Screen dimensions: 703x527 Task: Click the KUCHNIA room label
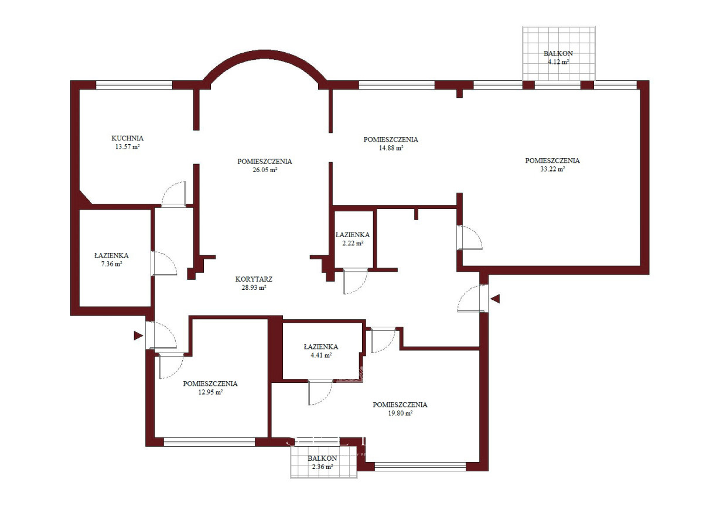tap(127, 138)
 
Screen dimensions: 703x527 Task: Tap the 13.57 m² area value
tap(127, 147)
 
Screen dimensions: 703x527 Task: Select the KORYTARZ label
tap(254, 279)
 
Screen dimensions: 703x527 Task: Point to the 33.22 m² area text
tap(552, 169)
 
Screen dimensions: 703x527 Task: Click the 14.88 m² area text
tap(391, 148)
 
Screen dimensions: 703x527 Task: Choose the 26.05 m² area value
tap(265, 170)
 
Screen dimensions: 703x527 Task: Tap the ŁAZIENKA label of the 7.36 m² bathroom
tap(111, 255)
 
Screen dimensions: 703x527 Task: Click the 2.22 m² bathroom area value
tap(353, 243)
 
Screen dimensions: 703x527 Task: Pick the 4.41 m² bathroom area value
tap(321, 355)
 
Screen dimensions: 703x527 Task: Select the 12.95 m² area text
tap(210, 392)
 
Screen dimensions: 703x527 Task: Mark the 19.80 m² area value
tap(400, 413)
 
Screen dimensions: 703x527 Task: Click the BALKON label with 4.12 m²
tap(558, 53)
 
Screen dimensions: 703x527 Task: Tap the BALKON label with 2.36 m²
tap(322, 458)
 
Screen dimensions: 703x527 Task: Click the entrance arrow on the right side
tap(495, 299)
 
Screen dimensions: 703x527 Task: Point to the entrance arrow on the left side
tap(138, 336)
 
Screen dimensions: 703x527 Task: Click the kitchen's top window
tap(134, 85)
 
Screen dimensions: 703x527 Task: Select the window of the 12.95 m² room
tap(210, 442)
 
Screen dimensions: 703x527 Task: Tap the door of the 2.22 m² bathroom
tap(355, 281)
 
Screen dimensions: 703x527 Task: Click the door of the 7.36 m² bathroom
tap(164, 263)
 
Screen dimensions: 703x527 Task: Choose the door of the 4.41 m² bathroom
tap(320, 392)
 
